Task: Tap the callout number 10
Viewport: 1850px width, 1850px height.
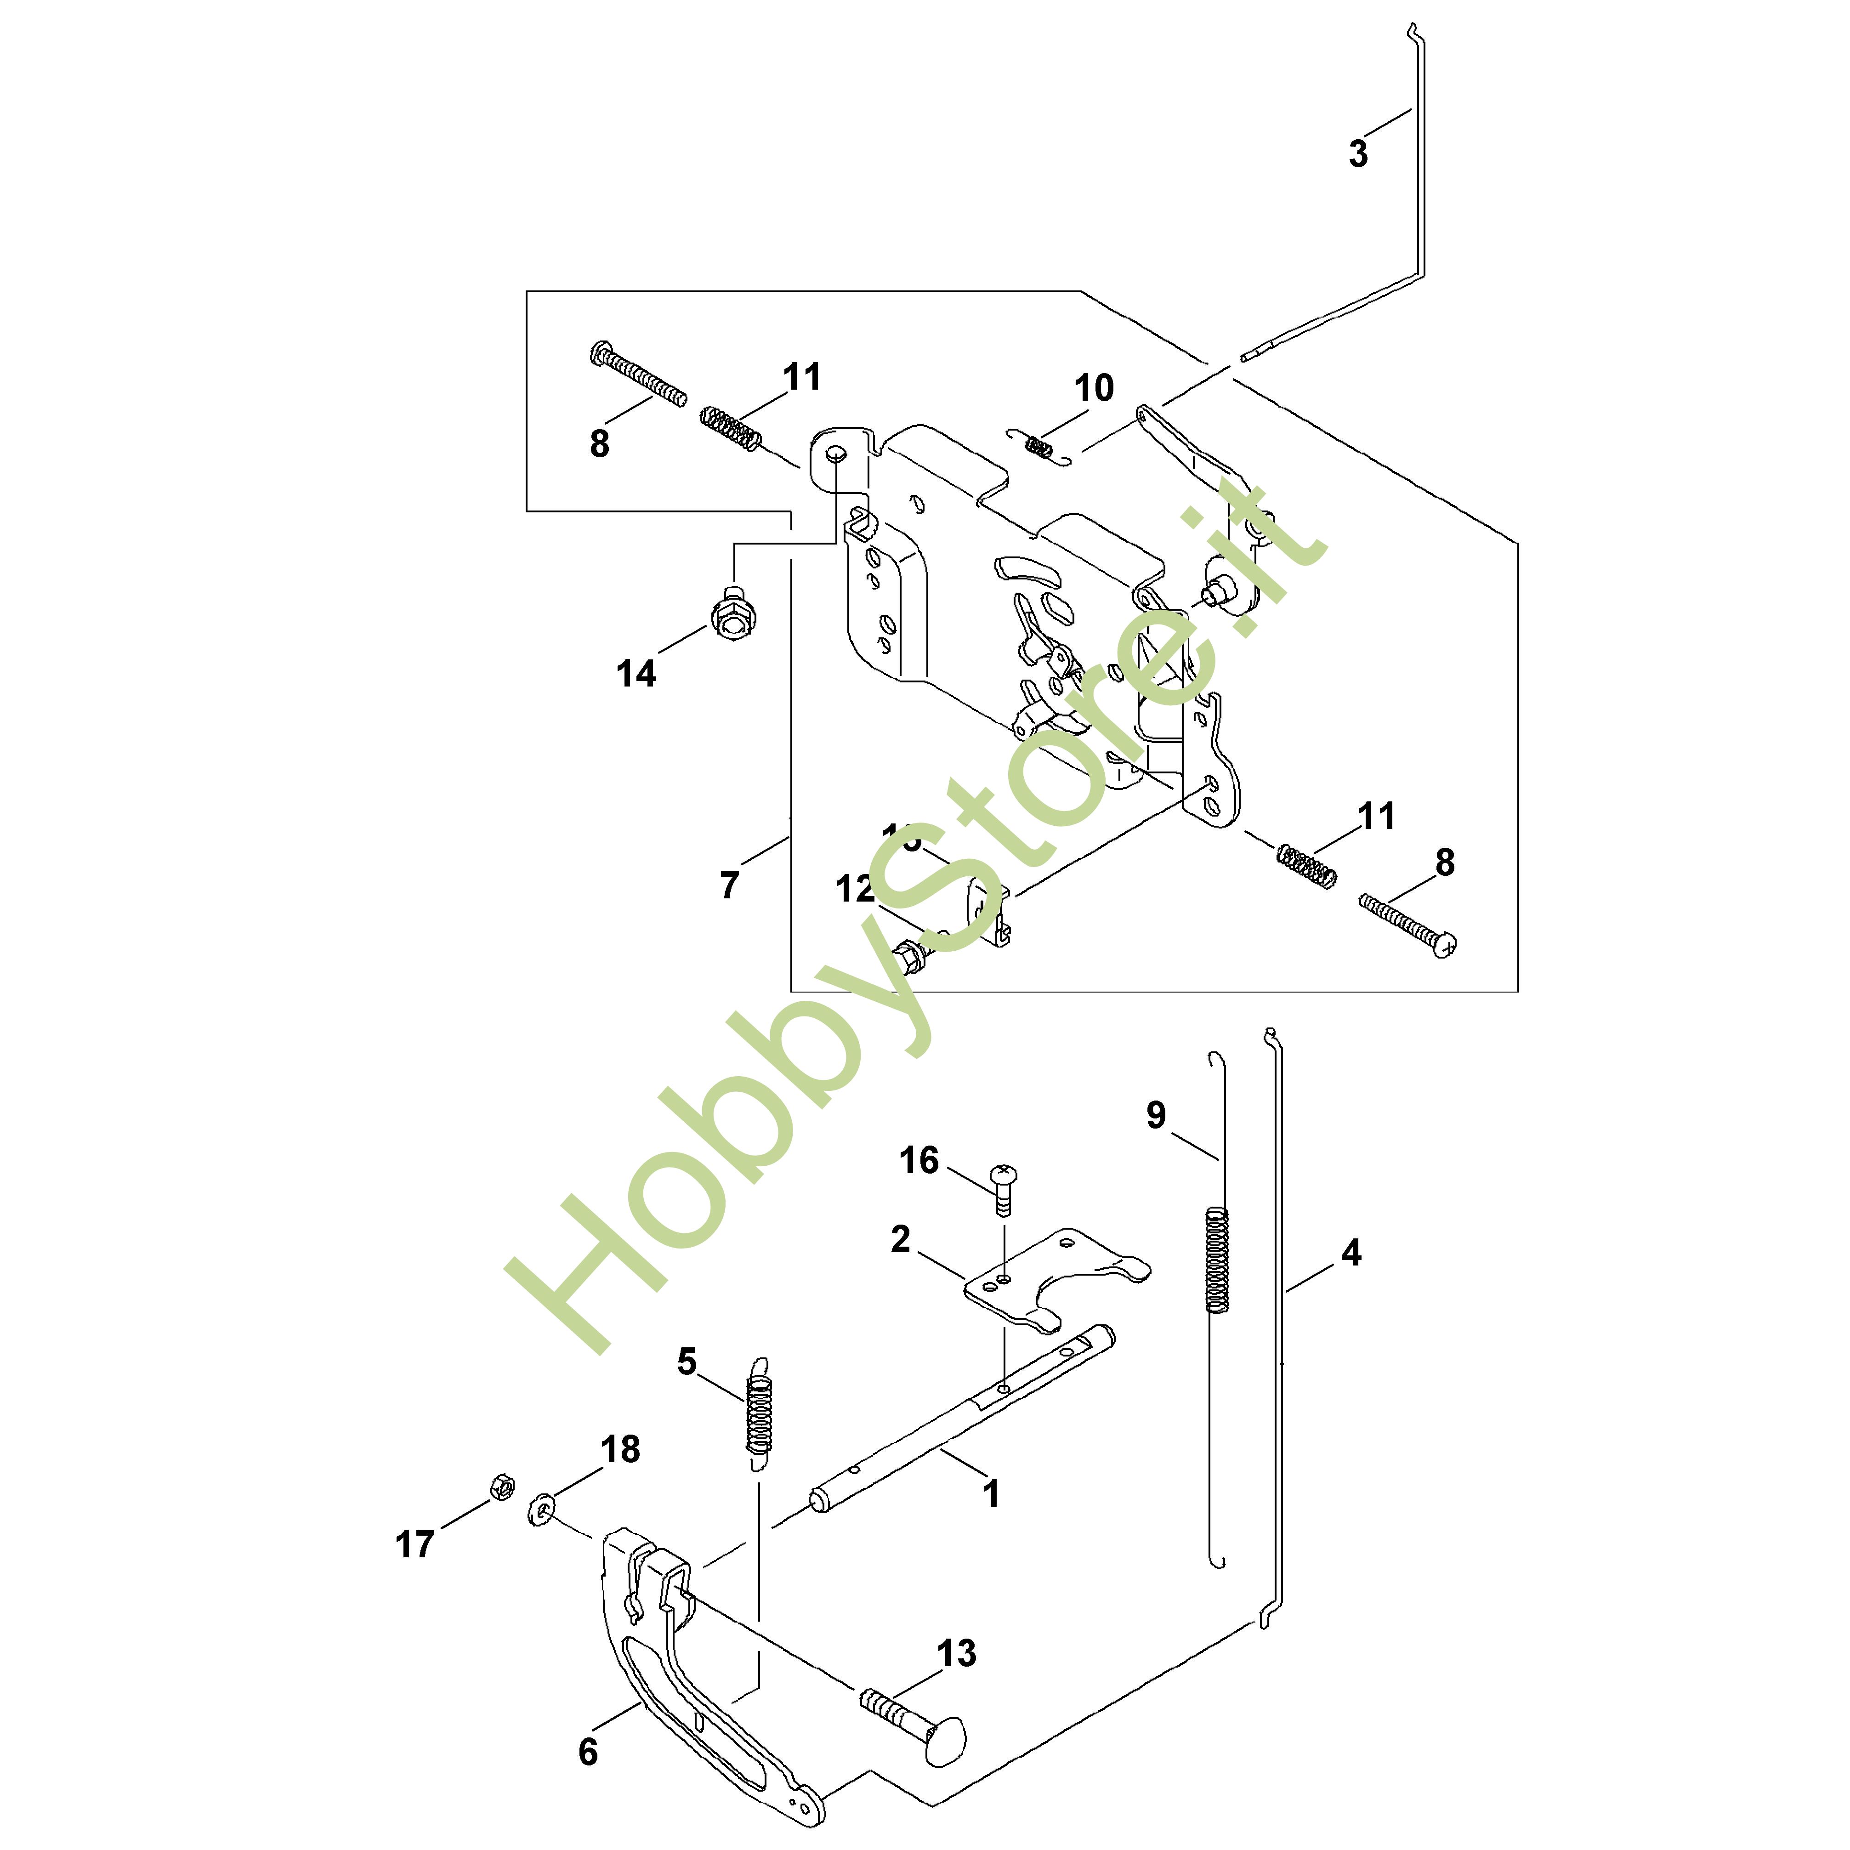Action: pos(1094,389)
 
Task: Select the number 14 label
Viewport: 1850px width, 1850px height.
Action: pos(636,674)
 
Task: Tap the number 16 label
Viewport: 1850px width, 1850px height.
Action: pos(918,1161)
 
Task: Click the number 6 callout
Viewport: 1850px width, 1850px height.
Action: pos(588,1752)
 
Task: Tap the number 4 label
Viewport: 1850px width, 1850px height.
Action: pos(1351,1252)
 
